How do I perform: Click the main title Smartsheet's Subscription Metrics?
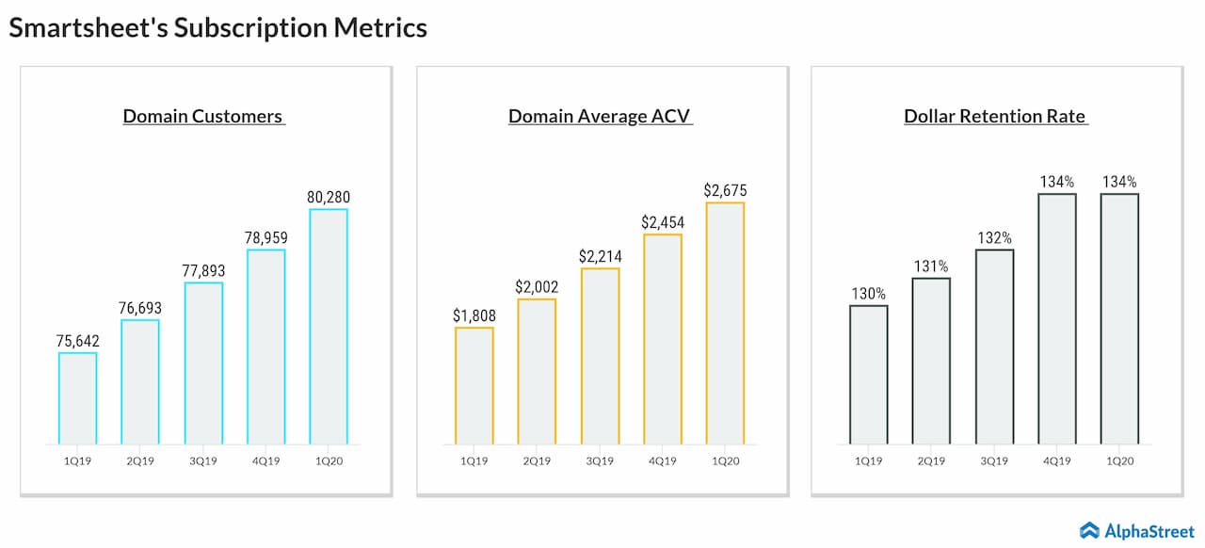point(217,28)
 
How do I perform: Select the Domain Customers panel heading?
point(203,117)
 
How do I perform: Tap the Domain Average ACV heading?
point(600,117)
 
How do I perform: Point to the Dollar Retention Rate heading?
point(995,117)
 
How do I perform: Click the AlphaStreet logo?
point(1135,530)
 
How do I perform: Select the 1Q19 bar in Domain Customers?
point(77,398)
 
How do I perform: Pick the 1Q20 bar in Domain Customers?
point(329,326)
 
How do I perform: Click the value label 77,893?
point(203,270)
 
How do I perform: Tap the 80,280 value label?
point(329,197)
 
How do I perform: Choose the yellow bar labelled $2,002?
point(537,371)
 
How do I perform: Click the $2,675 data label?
point(725,190)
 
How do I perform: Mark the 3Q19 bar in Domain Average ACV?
point(600,356)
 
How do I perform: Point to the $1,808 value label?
point(474,315)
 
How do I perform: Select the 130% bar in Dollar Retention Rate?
point(868,375)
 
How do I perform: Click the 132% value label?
point(994,238)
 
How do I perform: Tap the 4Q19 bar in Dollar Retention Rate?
point(1057,318)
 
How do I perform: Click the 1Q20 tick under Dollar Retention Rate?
point(1119,461)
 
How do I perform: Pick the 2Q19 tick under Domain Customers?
point(140,461)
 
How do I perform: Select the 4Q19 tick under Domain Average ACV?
point(663,461)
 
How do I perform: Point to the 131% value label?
point(931,266)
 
